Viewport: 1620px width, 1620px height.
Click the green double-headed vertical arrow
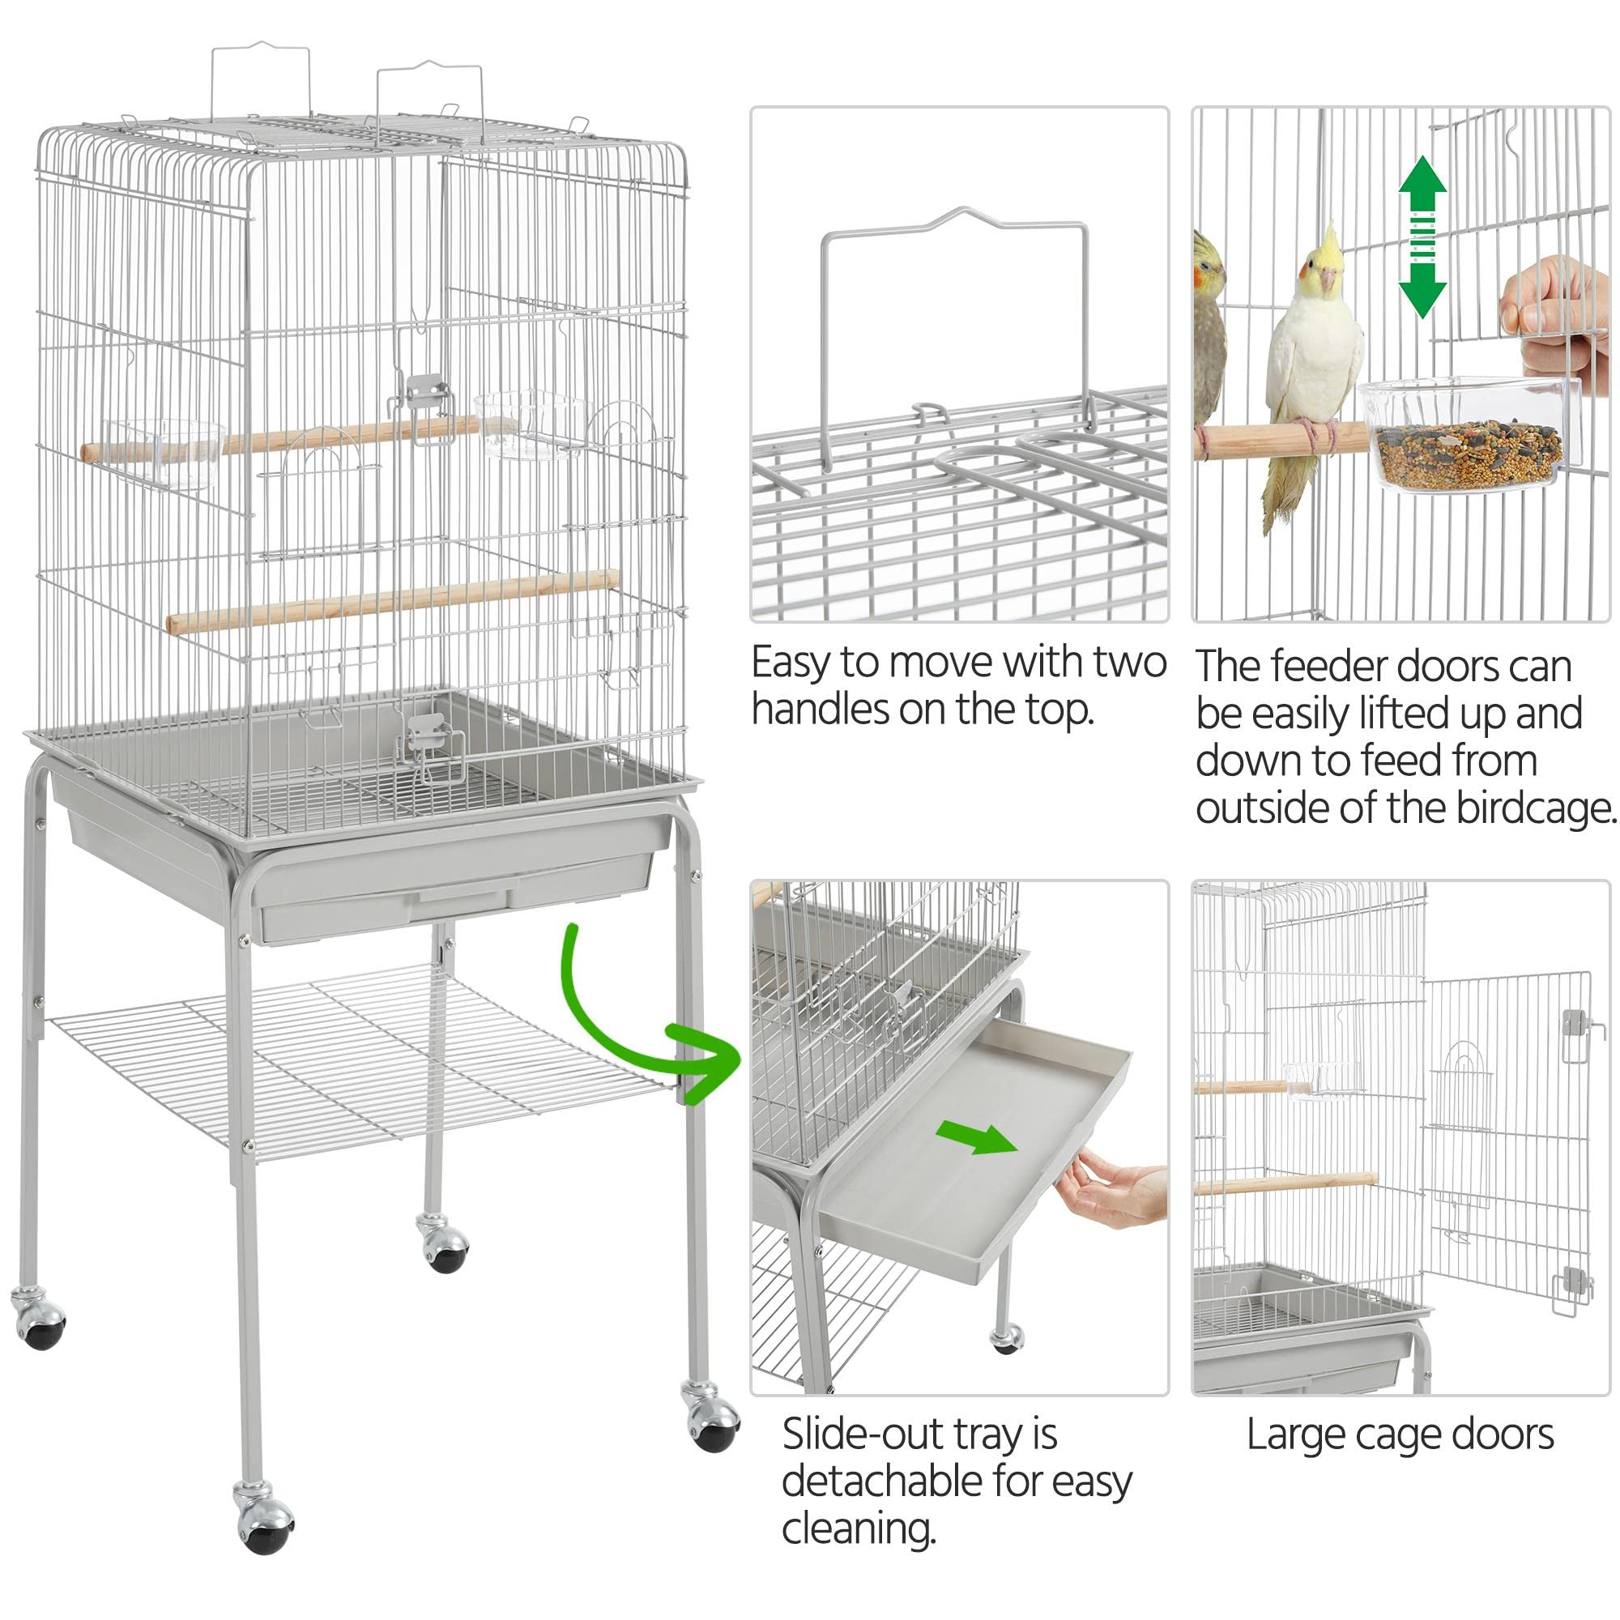click(x=1422, y=237)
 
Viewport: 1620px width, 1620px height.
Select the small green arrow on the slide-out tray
click(x=976, y=1138)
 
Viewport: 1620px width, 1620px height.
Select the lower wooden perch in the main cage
click(x=391, y=602)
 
